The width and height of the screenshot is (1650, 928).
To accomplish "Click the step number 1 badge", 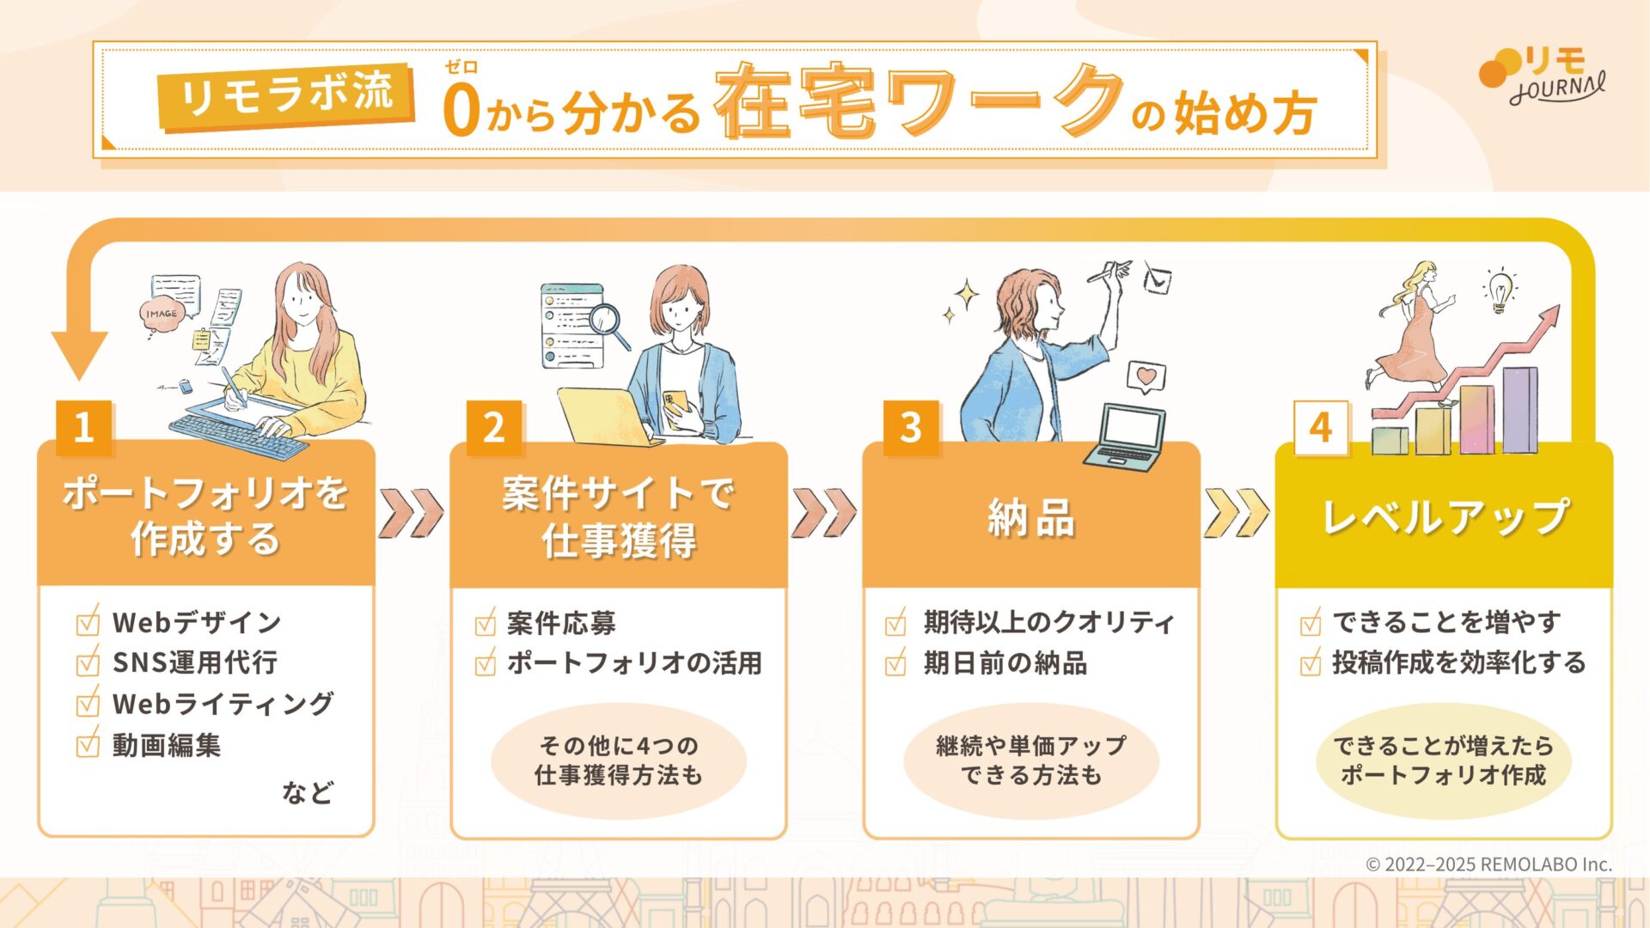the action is (83, 427).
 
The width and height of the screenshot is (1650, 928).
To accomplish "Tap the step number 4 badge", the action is (1321, 427).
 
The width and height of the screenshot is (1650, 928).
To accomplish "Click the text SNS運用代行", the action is (195, 662).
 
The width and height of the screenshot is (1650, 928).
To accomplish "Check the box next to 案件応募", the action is (486, 621).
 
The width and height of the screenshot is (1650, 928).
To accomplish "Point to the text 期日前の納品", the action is (1005, 663).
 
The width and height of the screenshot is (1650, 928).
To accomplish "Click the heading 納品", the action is (1031, 518).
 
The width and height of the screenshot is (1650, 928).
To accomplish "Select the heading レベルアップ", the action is (1445, 516).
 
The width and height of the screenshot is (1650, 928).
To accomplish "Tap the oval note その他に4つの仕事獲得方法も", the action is (619, 760).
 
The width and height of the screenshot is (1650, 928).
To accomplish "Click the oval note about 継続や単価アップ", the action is (1031, 760).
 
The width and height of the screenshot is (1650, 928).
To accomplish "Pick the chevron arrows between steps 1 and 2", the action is (412, 513).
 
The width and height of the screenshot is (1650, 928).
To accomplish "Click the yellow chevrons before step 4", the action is (1237, 513).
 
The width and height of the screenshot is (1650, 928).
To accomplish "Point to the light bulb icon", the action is (1500, 290).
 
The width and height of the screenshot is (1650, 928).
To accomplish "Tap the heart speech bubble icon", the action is (1146, 377).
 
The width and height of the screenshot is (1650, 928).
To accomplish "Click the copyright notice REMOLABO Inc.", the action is (1489, 864).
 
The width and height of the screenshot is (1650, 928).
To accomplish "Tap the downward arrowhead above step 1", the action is (79, 354).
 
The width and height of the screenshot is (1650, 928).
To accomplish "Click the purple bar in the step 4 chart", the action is (1520, 410).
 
